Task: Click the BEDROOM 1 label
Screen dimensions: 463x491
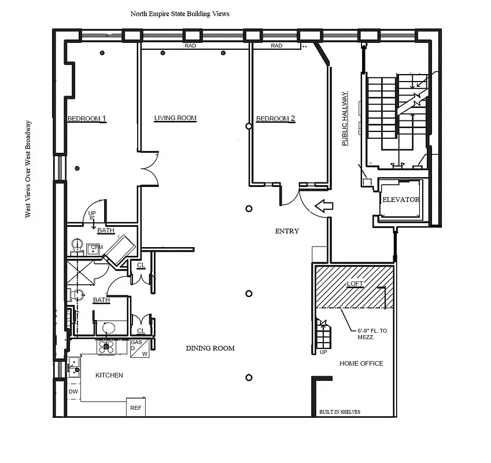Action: (x=87, y=119)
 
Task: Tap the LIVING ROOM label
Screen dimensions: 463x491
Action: (x=175, y=118)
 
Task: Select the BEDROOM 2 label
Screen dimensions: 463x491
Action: (x=275, y=119)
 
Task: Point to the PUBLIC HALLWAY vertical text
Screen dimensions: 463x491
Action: (x=345, y=119)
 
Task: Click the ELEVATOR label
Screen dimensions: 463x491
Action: (x=400, y=200)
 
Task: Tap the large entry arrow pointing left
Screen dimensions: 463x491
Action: (x=324, y=205)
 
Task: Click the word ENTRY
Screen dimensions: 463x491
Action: (x=287, y=231)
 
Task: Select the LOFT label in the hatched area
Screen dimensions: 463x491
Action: (x=355, y=284)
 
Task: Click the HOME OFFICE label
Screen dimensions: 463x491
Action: (x=361, y=363)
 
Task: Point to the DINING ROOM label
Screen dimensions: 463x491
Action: (x=210, y=348)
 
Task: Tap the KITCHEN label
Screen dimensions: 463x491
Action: (x=109, y=375)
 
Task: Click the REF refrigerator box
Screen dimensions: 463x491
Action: (x=135, y=407)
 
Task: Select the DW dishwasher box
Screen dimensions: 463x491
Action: (x=73, y=392)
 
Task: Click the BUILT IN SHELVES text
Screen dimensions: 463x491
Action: (x=339, y=412)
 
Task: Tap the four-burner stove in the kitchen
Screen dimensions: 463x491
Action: (x=106, y=346)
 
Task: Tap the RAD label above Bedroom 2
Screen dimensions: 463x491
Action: (x=276, y=46)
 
